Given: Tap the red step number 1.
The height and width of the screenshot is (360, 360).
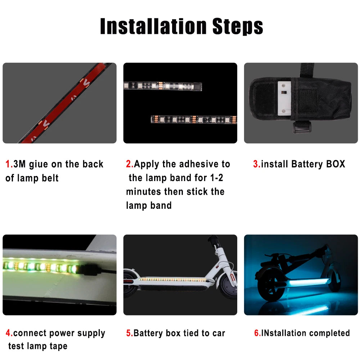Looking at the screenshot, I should point(8,165).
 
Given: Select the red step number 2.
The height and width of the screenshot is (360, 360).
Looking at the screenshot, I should point(129,165).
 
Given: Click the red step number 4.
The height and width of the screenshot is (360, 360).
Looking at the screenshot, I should point(8,333).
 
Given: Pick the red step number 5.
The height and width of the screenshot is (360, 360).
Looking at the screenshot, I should point(129,333).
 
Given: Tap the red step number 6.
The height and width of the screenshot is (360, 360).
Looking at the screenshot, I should point(257,333).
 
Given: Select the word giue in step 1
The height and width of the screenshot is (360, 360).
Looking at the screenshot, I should point(38,165).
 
